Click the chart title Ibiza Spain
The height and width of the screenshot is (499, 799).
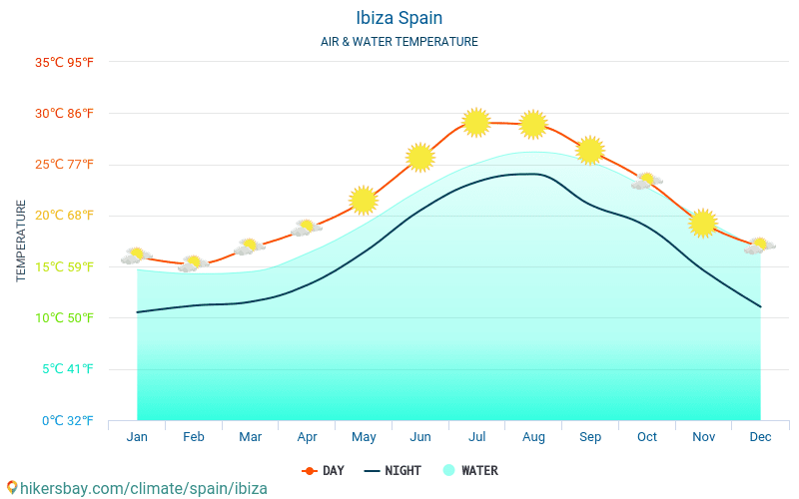coord(399,18)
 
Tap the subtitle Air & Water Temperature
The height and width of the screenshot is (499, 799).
coord(399,42)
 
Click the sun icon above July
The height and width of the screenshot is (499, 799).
coord(476,122)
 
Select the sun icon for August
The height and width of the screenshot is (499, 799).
coord(533,124)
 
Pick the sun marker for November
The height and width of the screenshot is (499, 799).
coord(703,223)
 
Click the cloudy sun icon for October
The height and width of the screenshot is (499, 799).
coord(647,181)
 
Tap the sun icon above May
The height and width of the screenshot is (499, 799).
coord(364,200)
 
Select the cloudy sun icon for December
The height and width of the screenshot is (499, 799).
coord(760,246)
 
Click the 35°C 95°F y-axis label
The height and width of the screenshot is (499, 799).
coord(64,62)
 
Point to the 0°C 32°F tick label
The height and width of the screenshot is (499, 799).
coord(64,420)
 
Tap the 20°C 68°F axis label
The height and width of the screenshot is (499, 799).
coord(64,216)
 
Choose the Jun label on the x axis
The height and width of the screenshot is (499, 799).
coord(420,437)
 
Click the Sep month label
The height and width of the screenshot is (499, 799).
coord(590,437)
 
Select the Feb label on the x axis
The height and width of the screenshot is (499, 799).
coord(194,437)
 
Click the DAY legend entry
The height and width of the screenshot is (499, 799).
coord(324,470)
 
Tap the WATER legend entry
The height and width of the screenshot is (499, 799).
coord(470,470)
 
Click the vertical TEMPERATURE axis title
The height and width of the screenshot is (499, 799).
coord(22,241)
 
